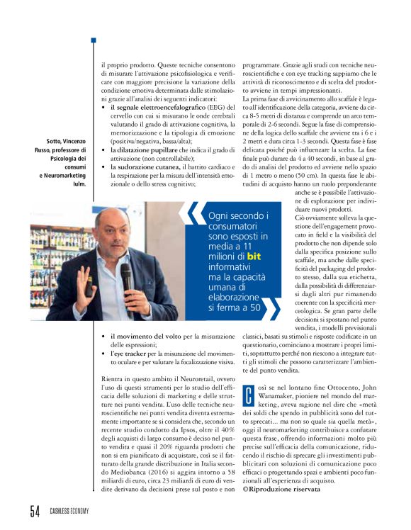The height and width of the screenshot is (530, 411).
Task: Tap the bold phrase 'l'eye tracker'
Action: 130,351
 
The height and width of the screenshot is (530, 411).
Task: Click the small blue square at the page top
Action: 93,40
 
